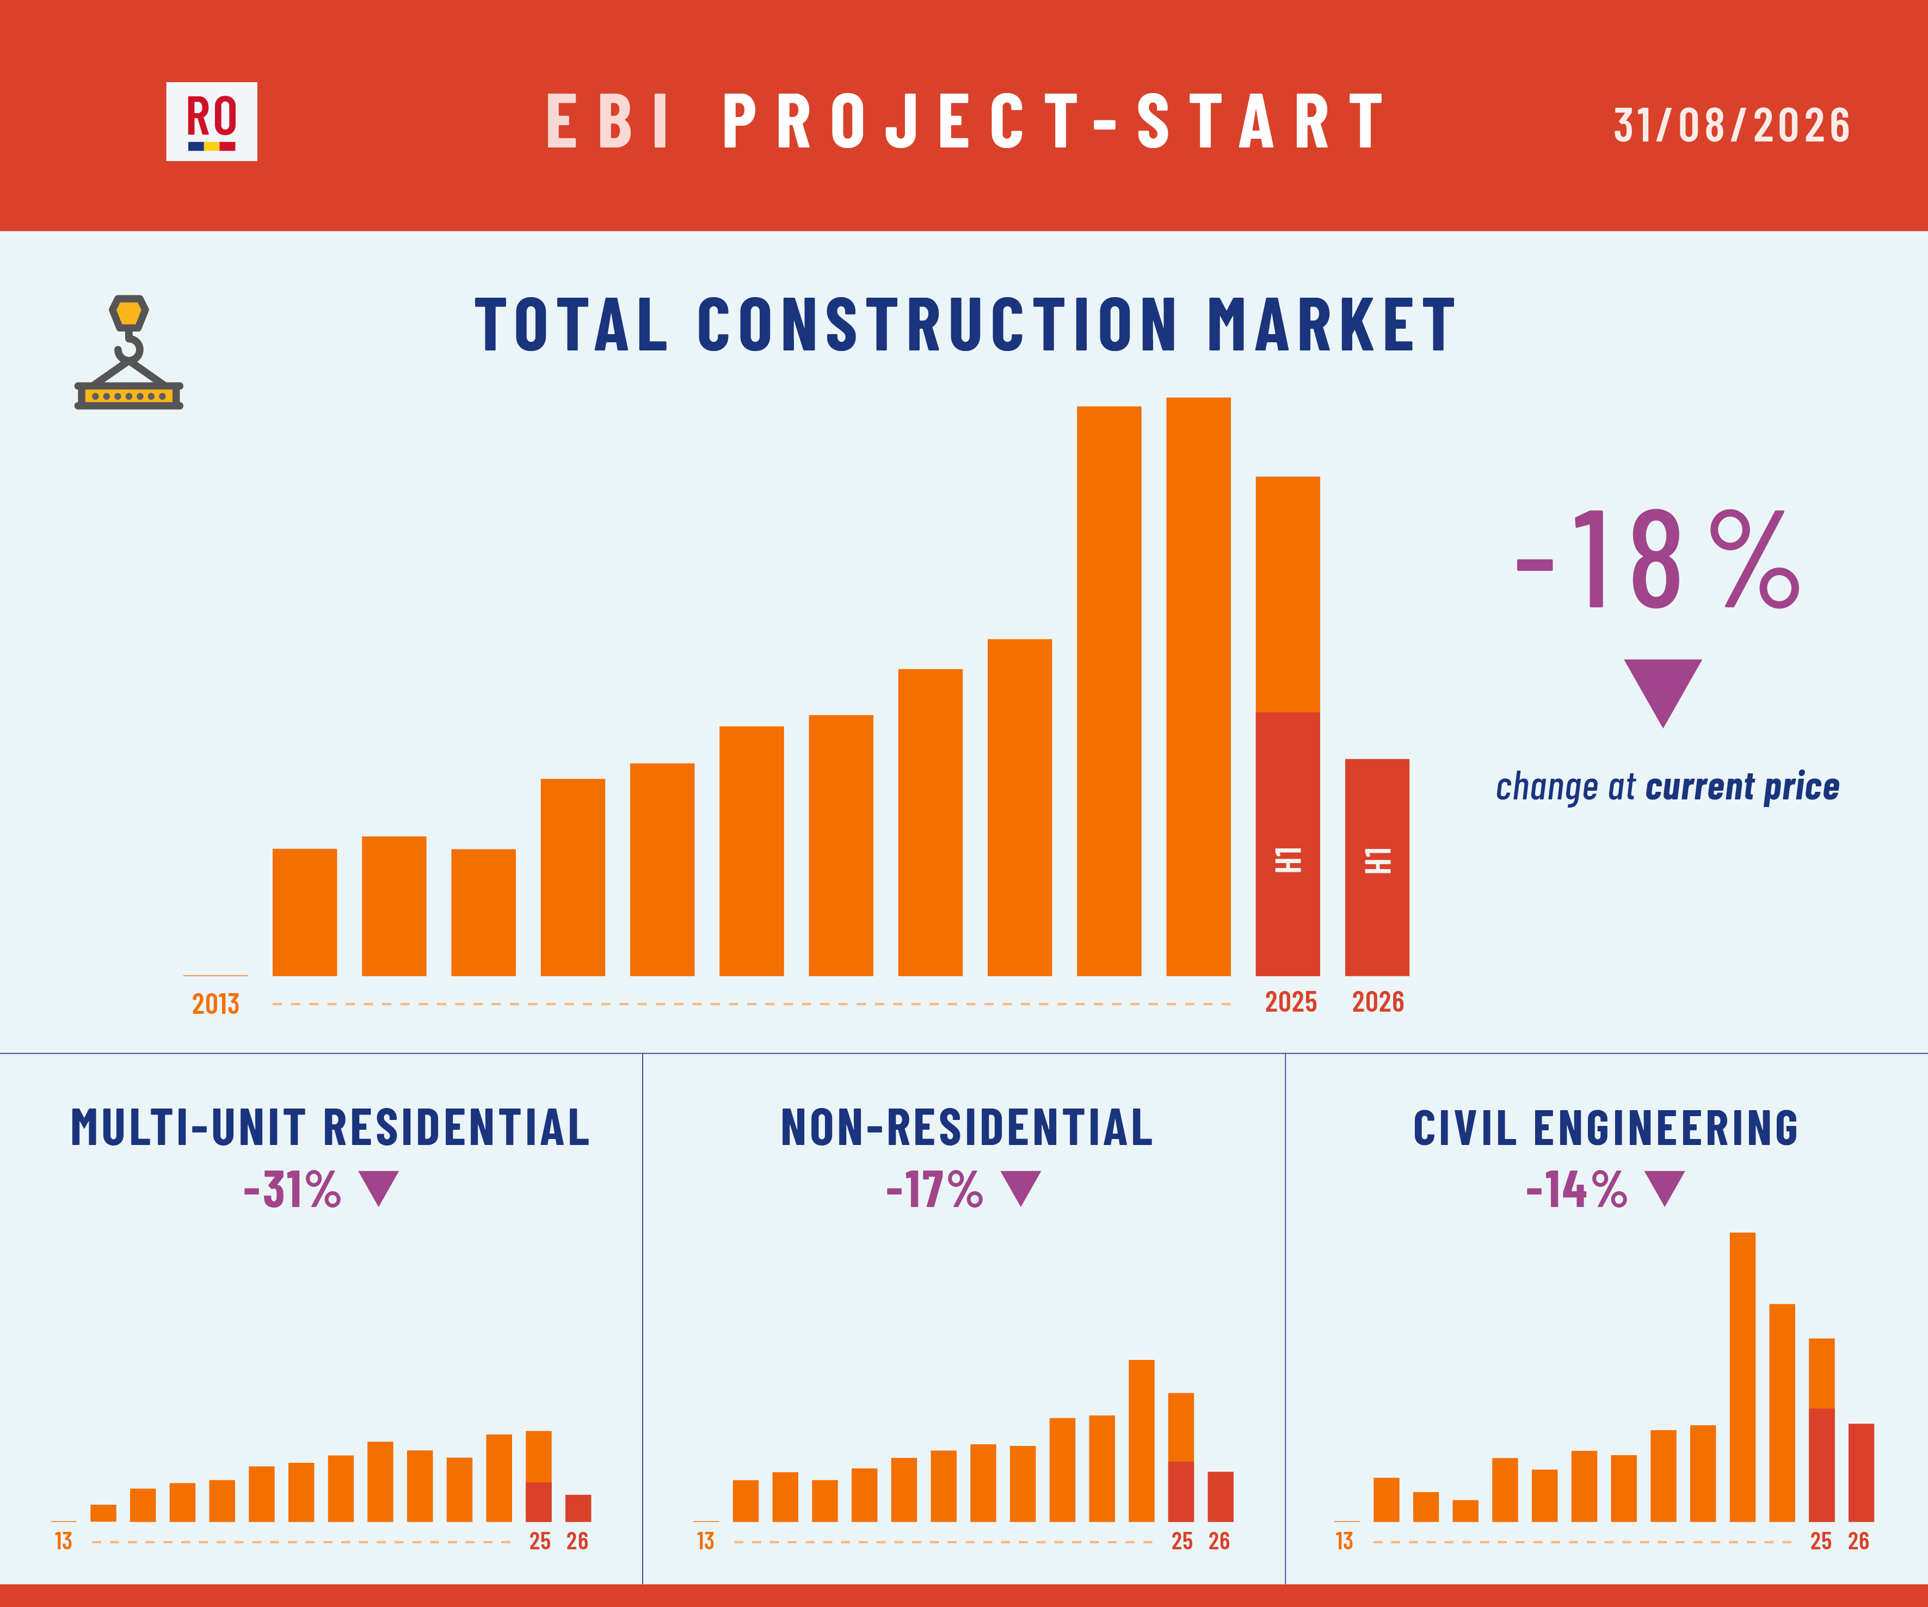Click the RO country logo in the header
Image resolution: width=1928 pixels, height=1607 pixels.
[x=211, y=121]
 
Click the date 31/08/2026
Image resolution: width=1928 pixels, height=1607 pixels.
[x=1732, y=125]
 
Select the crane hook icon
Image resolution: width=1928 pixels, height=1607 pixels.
[x=128, y=352]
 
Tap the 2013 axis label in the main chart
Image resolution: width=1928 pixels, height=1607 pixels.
[x=215, y=1003]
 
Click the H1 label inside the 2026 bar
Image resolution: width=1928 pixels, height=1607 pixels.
[x=1378, y=860]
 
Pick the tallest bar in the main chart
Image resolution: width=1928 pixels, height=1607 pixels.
[x=1198, y=687]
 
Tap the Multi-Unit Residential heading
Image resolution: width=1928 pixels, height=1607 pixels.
[x=330, y=1128]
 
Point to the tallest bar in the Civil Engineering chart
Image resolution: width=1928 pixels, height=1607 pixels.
[x=1742, y=1377]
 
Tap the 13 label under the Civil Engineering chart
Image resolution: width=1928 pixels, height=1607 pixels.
[x=1344, y=1541]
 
